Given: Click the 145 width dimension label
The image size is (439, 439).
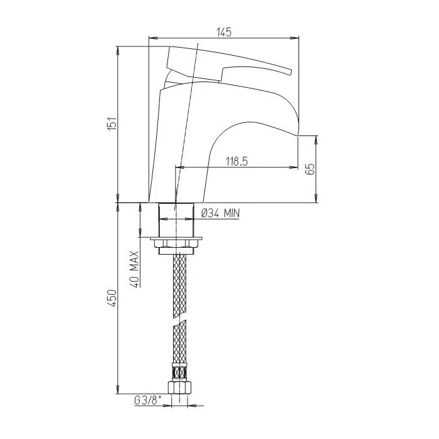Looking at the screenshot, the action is tap(225, 32).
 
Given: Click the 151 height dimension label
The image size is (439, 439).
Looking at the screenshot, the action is tap(112, 123).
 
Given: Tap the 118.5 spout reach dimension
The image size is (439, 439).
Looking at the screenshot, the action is tap(237, 161).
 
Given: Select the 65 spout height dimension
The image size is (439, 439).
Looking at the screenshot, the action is tap(311, 169).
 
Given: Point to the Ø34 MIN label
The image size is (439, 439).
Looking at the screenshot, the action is tap(221, 214).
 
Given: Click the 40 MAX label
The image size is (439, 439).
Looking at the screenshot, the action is tap(135, 269).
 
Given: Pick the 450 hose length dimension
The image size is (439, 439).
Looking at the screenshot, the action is tap(112, 299).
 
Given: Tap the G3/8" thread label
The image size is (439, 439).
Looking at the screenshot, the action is tap(148, 401).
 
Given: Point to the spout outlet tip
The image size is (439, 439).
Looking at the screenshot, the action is tap(298, 136).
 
